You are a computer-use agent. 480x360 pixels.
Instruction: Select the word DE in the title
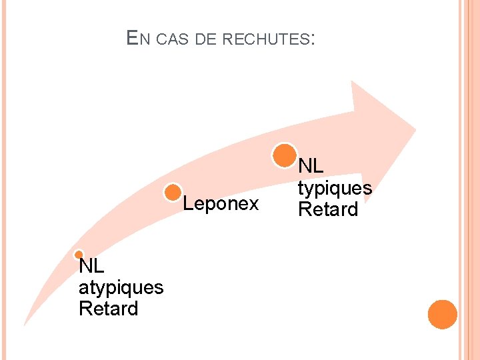pos(206,39)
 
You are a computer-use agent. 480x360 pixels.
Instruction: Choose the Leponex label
pos(221,204)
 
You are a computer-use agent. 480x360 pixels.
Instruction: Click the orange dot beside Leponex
pos(173,193)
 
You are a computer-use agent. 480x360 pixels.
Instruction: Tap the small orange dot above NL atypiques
pos(79,255)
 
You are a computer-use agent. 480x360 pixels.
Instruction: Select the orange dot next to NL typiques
pos(285,155)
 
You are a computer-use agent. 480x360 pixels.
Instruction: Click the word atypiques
pos(121,287)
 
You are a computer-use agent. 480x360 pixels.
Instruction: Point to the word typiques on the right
pos(335,188)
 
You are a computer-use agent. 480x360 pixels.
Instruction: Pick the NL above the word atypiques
pos(91,267)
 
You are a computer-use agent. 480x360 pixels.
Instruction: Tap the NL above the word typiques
pos(310,167)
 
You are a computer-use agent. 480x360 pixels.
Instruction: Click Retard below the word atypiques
pos(108,309)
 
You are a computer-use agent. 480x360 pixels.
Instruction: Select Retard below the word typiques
pos(327,209)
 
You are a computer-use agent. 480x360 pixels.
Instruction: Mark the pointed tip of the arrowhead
pos(415,128)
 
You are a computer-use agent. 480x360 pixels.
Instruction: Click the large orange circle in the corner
pos(442,314)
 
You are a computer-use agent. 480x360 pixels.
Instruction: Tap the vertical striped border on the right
pos(469,180)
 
